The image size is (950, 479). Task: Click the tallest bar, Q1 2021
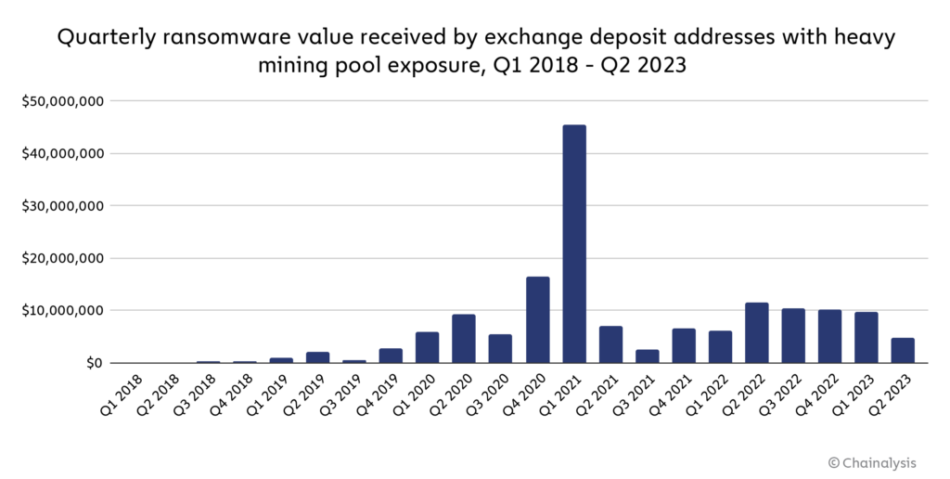pos(574,244)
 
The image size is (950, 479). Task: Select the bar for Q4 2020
pos(537,320)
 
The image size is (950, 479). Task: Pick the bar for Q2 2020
pos(464,339)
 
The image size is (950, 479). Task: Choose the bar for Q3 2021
pos(648,356)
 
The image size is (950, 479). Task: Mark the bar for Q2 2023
pos(904,351)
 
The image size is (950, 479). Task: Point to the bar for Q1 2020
pos(428,347)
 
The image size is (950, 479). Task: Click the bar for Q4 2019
pos(391,356)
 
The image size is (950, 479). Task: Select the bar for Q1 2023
pos(867,338)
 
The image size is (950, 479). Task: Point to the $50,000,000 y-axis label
pos(63,100)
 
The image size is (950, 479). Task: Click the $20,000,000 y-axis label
pos(63,258)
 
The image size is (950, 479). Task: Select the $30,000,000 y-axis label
pos(63,205)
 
